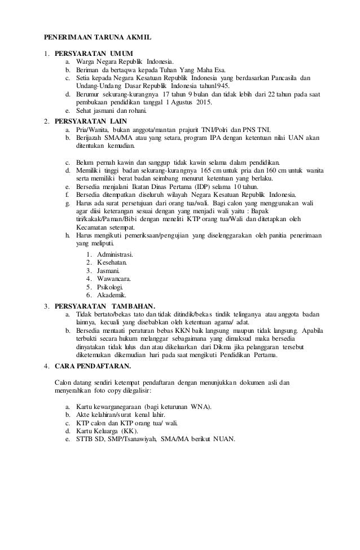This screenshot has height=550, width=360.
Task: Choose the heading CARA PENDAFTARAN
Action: coord(93,367)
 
